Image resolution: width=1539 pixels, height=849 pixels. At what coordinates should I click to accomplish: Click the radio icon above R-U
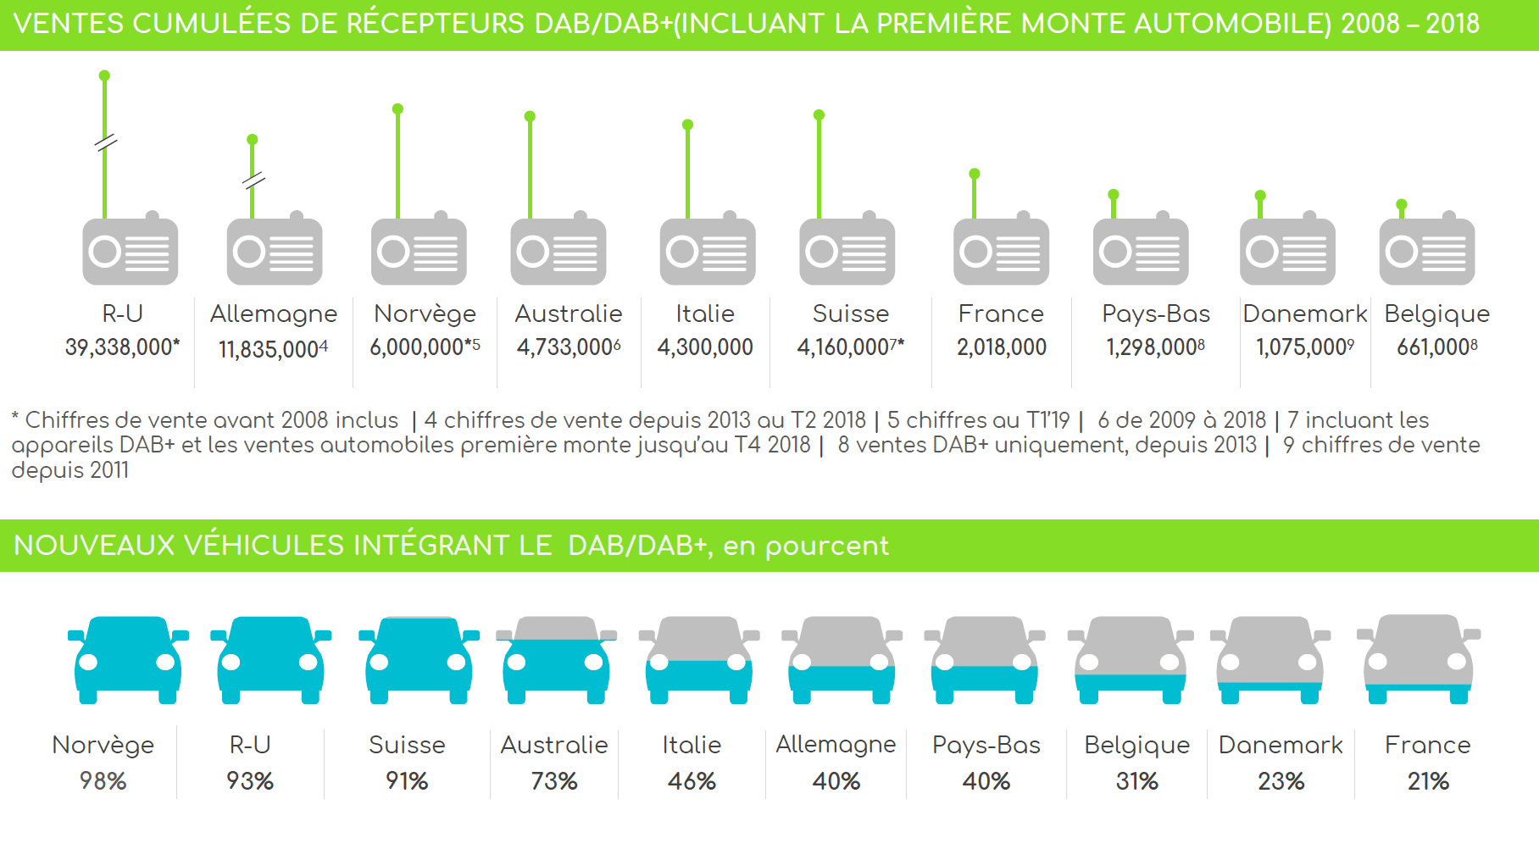(130, 251)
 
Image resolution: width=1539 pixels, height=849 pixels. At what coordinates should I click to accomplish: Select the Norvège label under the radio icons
(425, 314)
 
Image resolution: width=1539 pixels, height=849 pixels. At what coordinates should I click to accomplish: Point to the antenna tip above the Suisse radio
(819, 115)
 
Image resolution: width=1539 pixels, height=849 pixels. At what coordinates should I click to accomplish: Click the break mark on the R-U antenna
(105, 142)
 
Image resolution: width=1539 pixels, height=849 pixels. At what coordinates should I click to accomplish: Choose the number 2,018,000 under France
(1001, 347)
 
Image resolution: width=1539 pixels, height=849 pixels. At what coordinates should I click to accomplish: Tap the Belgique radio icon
(1426, 251)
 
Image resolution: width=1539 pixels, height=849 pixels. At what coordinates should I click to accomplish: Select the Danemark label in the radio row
(1304, 314)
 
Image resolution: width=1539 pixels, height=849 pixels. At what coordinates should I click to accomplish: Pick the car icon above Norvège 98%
(127, 659)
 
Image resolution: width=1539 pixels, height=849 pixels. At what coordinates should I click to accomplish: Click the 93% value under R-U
(250, 780)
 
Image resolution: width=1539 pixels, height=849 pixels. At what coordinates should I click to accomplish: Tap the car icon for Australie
(556, 659)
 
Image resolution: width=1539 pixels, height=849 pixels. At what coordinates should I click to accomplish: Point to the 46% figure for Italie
(692, 780)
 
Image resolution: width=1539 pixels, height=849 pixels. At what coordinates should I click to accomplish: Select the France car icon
(1418, 659)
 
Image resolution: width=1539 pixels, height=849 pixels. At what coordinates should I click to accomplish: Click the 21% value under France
(1428, 780)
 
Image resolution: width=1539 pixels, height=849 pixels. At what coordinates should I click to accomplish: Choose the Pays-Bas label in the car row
(986, 745)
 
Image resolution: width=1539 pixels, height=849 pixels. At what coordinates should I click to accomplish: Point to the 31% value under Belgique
(1136, 780)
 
